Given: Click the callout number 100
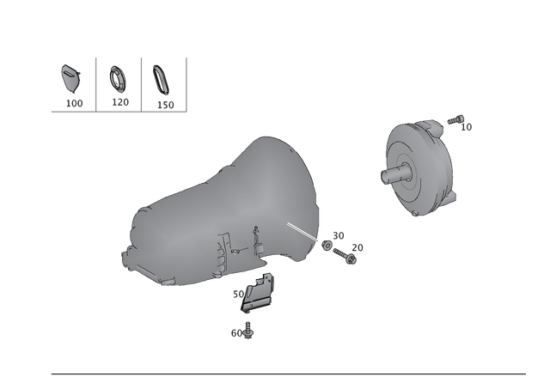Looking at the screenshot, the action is (75, 103).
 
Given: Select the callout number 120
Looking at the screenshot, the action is (120, 102).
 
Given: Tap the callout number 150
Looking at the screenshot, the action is (165, 105).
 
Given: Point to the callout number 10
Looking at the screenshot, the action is (466, 127).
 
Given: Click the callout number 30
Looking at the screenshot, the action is (338, 236).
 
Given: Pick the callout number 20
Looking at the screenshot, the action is (357, 248).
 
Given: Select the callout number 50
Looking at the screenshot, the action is (239, 294).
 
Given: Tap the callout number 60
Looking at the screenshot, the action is (236, 333).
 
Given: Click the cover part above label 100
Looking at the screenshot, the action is (70, 78).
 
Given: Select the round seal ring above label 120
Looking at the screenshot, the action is (117, 79).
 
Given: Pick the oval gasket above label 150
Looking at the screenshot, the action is (162, 80).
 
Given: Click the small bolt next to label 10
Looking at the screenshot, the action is (455, 119).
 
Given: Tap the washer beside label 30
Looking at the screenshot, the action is (327, 246).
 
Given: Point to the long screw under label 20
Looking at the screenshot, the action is (345, 256).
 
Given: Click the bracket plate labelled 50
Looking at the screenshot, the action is (257, 293).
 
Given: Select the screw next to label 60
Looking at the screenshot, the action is (248, 331).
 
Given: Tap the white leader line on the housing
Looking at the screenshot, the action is (302, 232).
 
